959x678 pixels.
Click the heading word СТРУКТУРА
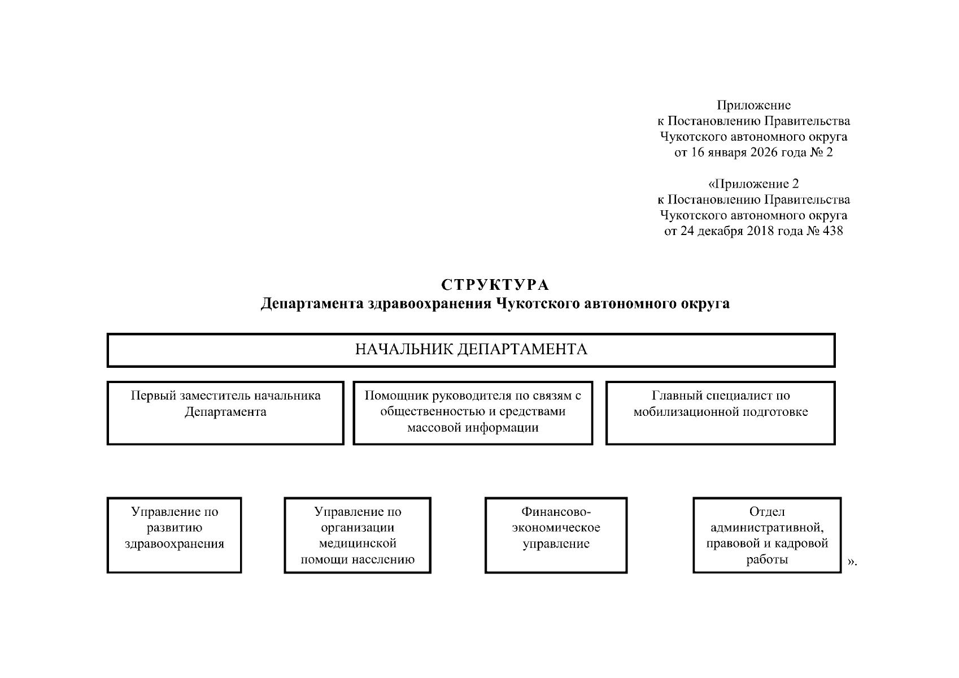tap(495, 284)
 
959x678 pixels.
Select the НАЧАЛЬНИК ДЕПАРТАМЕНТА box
tap(470, 350)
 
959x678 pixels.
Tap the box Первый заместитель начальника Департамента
tap(225, 412)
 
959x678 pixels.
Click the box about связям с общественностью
tap(473, 412)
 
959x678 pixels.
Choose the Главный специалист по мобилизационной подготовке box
tap(720, 412)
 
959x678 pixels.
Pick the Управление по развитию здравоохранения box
tap(174, 534)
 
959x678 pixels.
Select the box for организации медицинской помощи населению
tap(358, 534)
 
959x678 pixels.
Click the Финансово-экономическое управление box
tap(556, 534)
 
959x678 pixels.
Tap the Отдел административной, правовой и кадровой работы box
tap(766, 534)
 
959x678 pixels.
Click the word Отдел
tap(766, 512)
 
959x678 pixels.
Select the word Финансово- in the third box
tap(556, 512)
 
